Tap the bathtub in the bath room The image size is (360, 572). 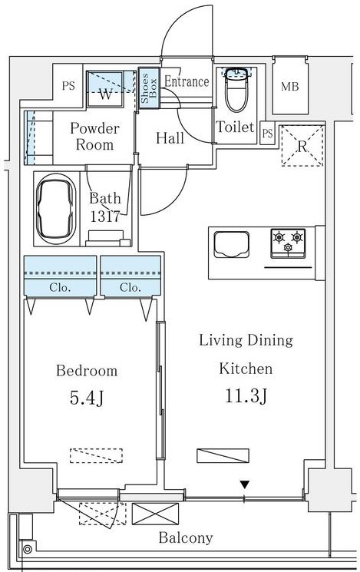tap(58, 207)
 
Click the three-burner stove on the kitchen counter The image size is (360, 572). tap(287, 243)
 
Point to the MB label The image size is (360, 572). tap(289, 87)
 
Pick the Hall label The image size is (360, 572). tap(170, 138)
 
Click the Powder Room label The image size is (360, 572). tap(94, 136)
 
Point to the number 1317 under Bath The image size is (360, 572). tap(104, 217)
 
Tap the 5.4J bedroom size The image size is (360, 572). tap(86, 398)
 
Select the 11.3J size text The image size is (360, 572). tap(246, 396)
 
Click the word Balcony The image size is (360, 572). tap(186, 537)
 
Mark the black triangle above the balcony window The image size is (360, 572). tap(244, 484)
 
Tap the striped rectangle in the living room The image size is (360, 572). tap(223, 455)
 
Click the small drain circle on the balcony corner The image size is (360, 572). tap(28, 549)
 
